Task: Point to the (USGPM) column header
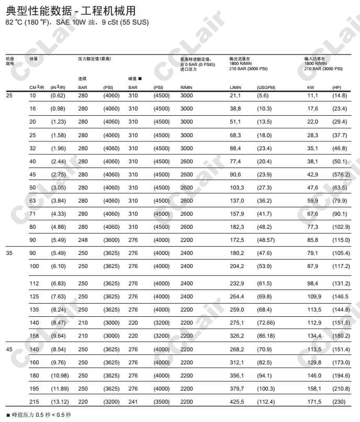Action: tap(266, 87)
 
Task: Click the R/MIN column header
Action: tap(187, 87)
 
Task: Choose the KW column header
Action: tap(311, 87)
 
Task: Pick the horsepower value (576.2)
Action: tap(341, 174)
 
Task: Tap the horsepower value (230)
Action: tap(339, 402)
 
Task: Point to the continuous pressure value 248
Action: tap(83, 240)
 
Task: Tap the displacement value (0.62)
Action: tap(58, 95)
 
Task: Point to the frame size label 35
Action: tap(9, 253)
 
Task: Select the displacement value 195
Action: tap(34, 388)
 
